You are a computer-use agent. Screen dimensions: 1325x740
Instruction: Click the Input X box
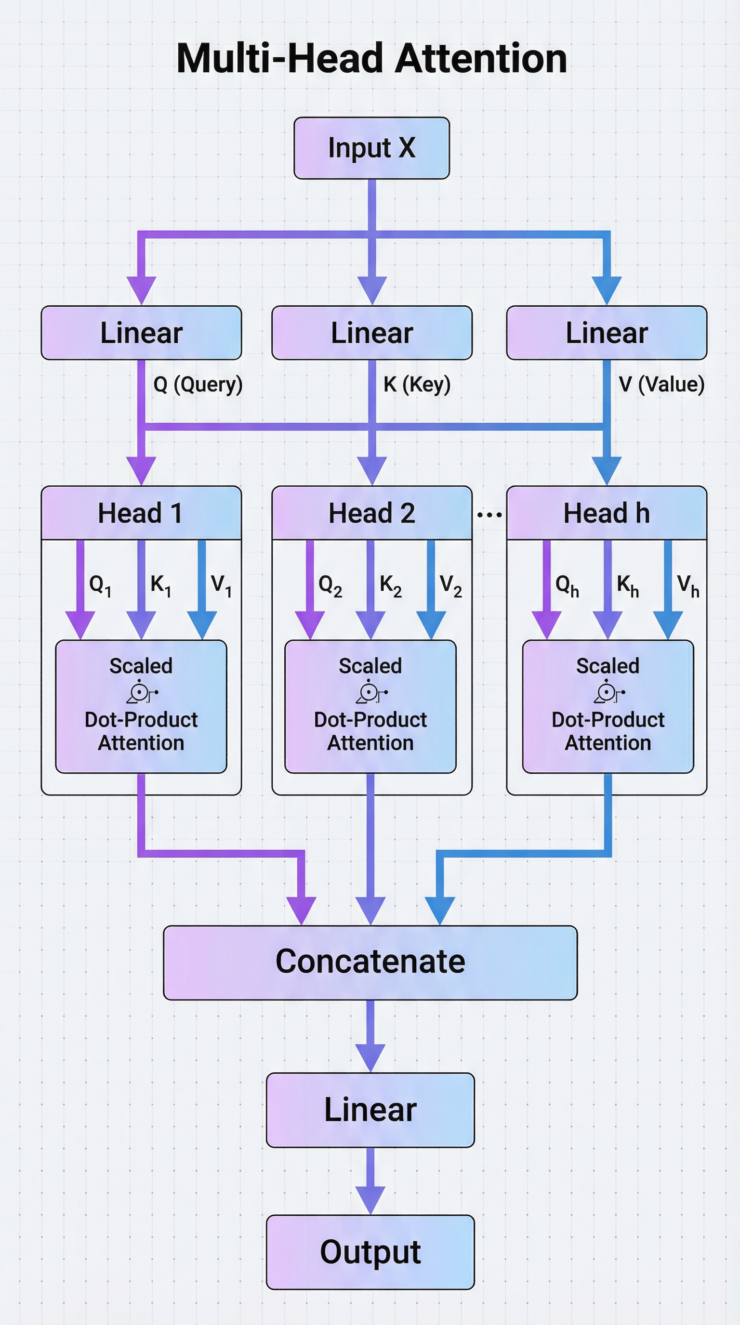[x=371, y=148]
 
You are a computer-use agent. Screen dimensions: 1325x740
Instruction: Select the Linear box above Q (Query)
[x=141, y=333]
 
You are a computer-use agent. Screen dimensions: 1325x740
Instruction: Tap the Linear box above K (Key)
[x=371, y=333]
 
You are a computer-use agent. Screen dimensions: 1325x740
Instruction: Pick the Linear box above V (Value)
[x=606, y=333]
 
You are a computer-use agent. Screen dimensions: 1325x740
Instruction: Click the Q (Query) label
[x=198, y=384]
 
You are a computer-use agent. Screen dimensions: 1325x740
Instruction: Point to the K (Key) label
[x=417, y=384]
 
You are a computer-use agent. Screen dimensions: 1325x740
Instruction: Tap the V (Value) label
[x=661, y=384]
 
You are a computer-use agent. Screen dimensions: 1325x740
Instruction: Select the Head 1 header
[x=141, y=513]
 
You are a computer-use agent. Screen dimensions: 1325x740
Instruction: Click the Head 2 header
[x=371, y=513]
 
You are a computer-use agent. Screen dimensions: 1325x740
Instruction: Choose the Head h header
[x=606, y=513]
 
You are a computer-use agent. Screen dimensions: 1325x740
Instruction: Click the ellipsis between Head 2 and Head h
[x=489, y=514]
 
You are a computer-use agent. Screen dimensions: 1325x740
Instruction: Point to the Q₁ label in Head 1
[x=100, y=585]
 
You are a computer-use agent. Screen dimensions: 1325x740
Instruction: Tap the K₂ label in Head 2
[x=391, y=586]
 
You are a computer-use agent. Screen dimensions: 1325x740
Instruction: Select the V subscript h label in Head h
[x=688, y=586]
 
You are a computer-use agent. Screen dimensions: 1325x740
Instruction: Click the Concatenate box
[x=370, y=961]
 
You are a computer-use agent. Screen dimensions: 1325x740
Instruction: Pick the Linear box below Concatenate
[x=370, y=1109]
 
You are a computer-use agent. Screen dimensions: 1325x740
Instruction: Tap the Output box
[x=370, y=1252]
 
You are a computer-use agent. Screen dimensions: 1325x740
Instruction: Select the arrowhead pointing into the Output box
[x=370, y=1200]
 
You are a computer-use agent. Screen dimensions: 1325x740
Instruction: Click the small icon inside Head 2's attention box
[x=371, y=692]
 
